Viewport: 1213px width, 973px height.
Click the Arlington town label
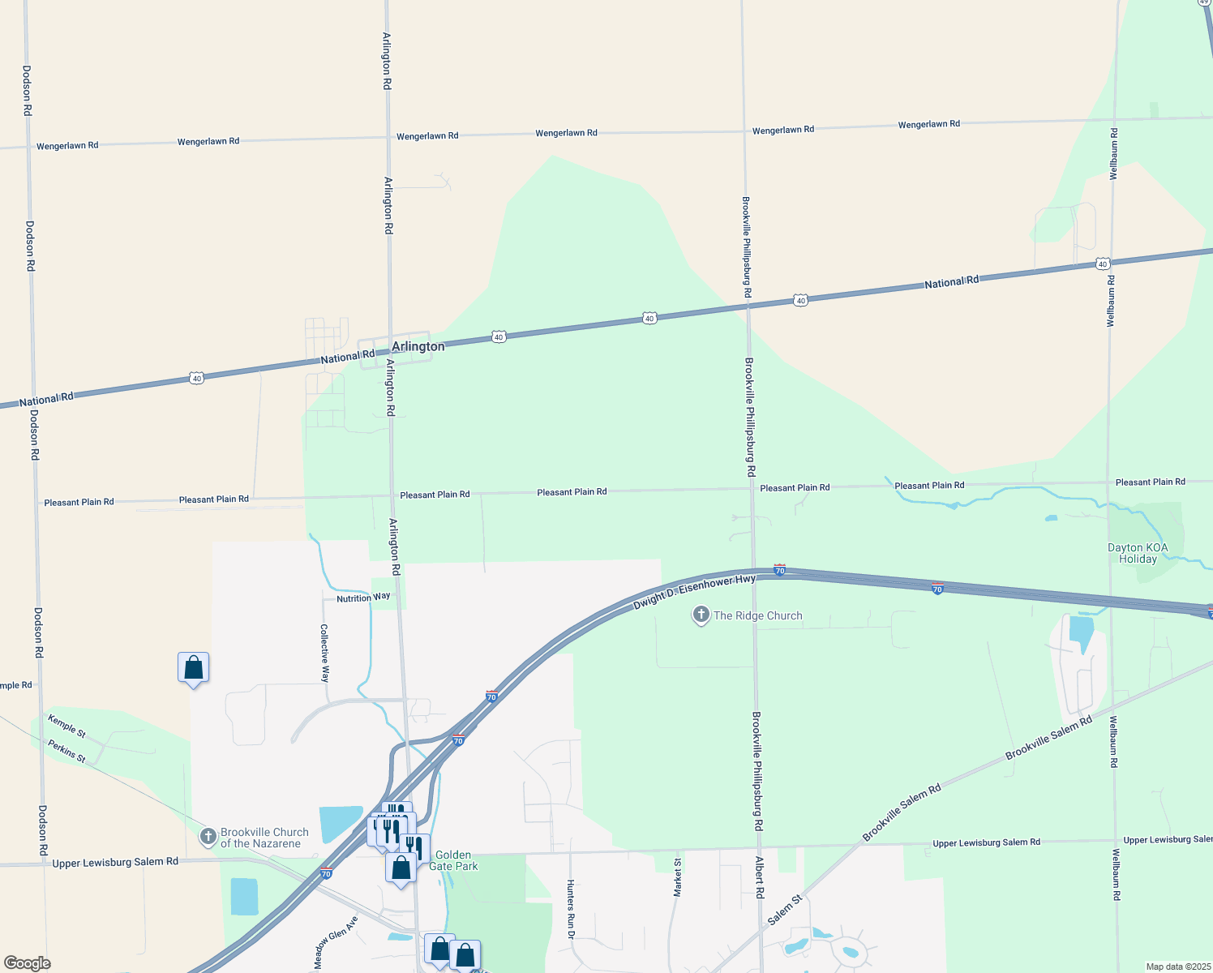click(418, 346)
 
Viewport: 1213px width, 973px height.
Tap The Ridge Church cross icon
click(701, 615)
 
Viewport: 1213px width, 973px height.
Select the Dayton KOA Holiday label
click(1138, 553)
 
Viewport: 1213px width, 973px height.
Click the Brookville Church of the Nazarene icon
click(208, 836)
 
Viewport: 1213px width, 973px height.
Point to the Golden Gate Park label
click(453, 860)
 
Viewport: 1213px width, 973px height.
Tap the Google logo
click(28, 963)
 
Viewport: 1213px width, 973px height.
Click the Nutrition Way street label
click(363, 598)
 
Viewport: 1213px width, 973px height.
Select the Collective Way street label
click(324, 654)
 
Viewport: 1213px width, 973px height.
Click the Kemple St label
click(66, 726)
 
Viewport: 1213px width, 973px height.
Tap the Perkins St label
click(66, 751)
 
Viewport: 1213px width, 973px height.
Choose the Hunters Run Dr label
click(571, 909)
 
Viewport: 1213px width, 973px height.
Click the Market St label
click(678, 877)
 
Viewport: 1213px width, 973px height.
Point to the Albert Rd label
click(760, 877)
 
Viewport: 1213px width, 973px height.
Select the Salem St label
click(785, 909)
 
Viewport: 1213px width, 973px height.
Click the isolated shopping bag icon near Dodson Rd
click(194, 668)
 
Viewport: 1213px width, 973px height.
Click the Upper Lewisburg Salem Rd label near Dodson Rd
click(115, 862)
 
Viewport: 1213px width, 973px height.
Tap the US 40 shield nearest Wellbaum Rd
click(1103, 264)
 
